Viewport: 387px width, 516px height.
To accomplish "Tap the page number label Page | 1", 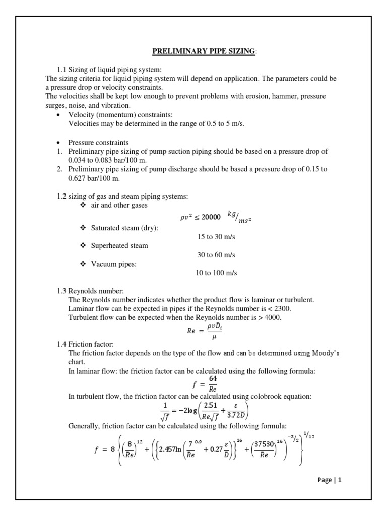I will click(330, 480).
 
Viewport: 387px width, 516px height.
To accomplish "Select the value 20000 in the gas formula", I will click(211, 217).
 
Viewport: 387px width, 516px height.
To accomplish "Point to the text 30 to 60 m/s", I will click(216, 255).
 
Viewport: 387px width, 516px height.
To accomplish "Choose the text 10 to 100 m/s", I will click(216, 273).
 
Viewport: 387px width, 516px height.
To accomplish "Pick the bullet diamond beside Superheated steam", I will click(83, 246).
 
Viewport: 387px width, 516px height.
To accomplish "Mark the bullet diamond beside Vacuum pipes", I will click(83, 264).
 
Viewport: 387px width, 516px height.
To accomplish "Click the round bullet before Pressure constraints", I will click(59, 143).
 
